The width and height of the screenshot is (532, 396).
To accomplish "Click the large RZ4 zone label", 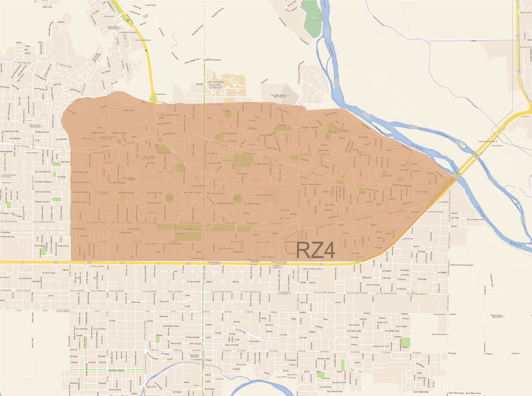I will point(315,250).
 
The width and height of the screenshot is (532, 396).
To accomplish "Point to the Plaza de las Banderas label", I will point(213,60).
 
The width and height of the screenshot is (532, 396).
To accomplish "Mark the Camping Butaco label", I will point(438,314).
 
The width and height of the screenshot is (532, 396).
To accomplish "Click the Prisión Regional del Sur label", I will point(263,195).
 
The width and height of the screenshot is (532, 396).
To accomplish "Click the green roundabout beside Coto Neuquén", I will point(153,99).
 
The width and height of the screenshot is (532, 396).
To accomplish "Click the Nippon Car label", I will point(408,239).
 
